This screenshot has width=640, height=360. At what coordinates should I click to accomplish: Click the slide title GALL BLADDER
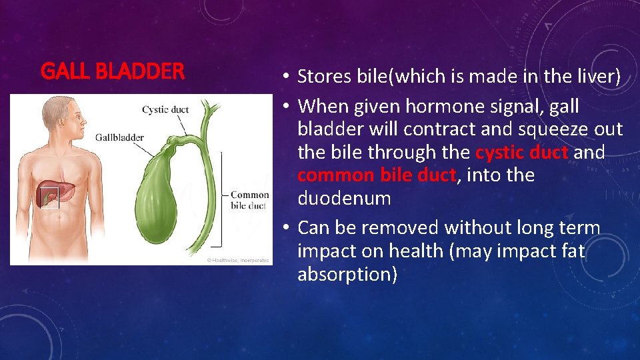[x=113, y=71]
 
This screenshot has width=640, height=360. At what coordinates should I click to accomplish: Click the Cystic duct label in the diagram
[x=165, y=109]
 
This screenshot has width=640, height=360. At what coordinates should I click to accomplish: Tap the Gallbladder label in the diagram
[x=119, y=137]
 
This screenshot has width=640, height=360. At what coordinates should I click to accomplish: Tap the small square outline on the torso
[x=50, y=198]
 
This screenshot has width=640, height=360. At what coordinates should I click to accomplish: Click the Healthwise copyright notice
[x=237, y=260]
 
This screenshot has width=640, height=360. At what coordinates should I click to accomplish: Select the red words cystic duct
[x=522, y=153]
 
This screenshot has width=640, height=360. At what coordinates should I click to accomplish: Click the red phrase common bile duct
[x=377, y=176]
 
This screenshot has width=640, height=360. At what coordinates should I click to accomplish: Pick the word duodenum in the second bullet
[x=344, y=199]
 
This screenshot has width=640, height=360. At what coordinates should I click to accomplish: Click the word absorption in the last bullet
[x=347, y=274]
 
